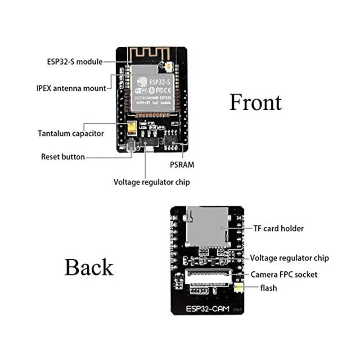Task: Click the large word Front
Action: click(x=255, y=103)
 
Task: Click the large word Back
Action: click(x=89, y=267)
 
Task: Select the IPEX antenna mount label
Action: click(x=71, y=88)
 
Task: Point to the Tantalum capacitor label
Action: click(x=71, y=134)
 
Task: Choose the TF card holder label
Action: click(x=279, y=229)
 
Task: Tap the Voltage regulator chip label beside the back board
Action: click(x=289, y=258)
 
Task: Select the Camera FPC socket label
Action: click(x=284, y=274)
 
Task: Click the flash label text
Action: click(x=268, y=288)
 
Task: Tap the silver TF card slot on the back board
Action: click(x=207, y=227)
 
